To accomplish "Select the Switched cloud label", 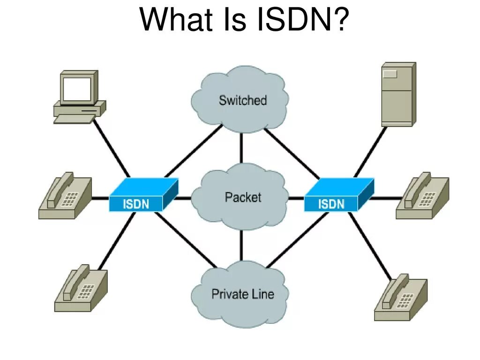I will [x=242, y=100].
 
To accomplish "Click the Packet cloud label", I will [x=242, y=197].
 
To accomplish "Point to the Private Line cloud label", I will [x=242, y=294].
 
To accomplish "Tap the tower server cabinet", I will [x=397, y=94].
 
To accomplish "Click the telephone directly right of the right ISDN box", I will [x=422, y=198].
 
